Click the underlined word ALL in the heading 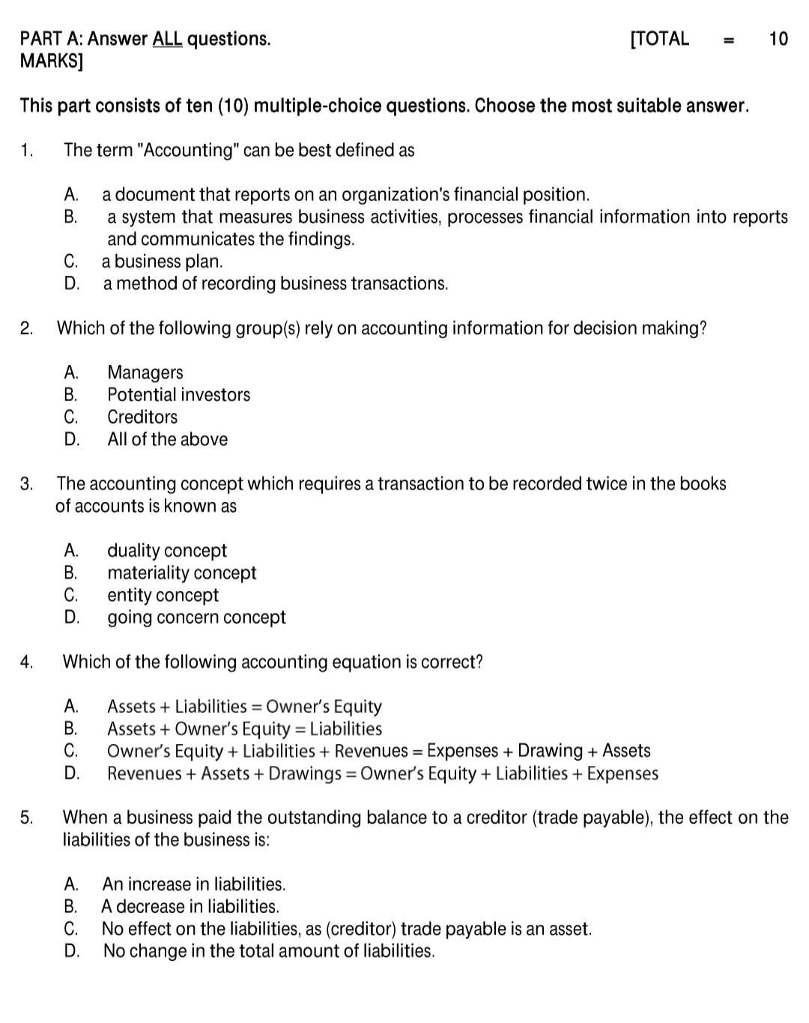167,39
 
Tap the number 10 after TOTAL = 778,39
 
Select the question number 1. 26,151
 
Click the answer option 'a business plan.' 162,262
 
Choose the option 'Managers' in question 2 145,372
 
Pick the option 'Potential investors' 178,395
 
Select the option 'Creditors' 142,417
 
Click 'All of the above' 167,440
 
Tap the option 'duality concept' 166,551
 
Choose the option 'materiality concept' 181,573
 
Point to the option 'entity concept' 163,596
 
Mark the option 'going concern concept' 196,618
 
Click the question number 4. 26,663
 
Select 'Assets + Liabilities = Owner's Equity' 244,707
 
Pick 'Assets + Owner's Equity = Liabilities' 244,729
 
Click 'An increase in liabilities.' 194,884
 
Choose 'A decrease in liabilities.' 190,907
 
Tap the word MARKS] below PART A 51,61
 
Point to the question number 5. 26,818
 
